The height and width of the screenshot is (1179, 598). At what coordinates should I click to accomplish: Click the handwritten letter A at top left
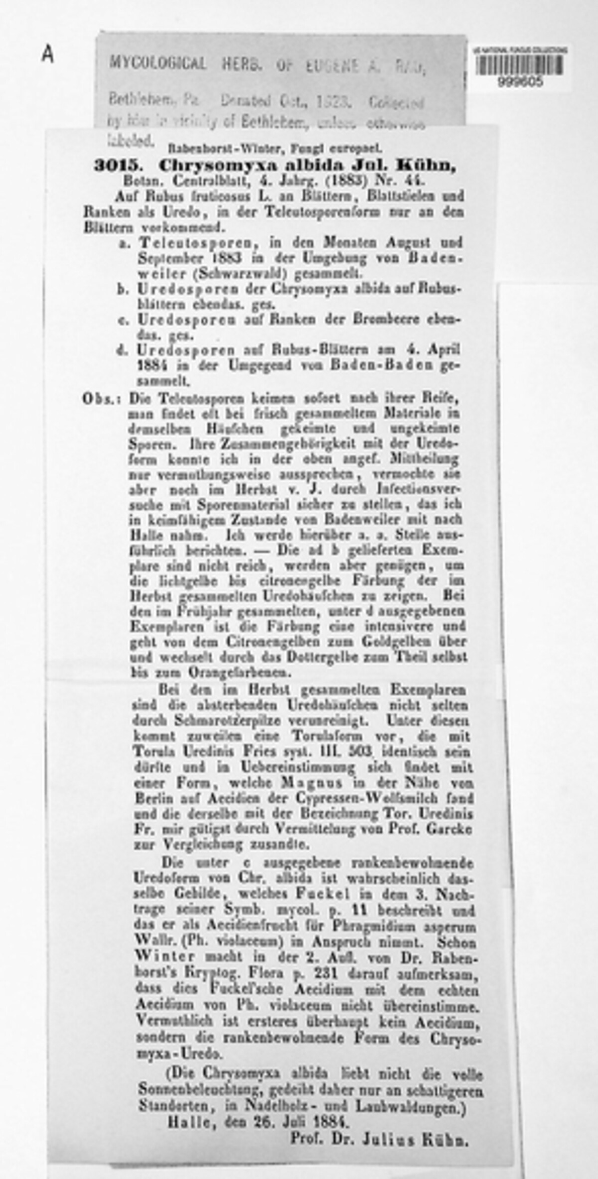(47, 54)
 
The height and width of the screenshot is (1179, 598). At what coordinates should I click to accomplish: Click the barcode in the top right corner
(520, 65)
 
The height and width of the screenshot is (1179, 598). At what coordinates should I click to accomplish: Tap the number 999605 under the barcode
(520, 81)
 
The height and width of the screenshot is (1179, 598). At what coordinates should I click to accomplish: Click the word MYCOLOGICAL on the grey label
(158, 63)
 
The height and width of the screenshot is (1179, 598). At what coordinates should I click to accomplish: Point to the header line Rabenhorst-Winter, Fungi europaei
(275, 148)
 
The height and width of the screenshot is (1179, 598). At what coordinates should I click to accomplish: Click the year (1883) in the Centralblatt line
(346, 180)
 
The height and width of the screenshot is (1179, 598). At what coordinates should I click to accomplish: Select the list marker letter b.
(122, 289)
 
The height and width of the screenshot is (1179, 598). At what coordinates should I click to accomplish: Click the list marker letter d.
(122, 350)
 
